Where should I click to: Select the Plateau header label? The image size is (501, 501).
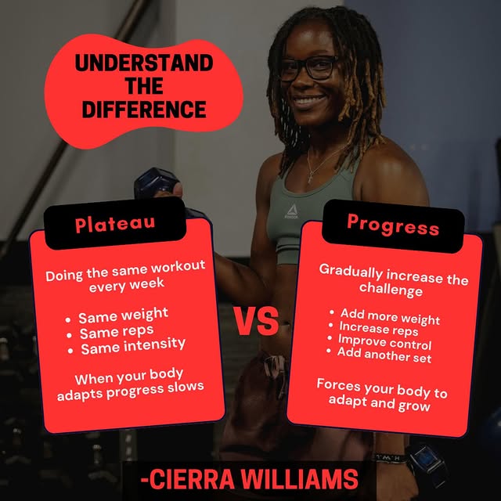[x=115, y=224]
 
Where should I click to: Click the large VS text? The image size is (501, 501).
[x=256, y=321]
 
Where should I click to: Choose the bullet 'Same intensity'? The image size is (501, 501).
[x=132, y=344]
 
